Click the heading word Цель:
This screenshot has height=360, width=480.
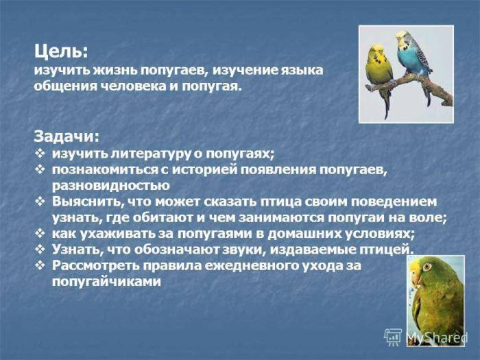pyautogui.click(x=60, y=51)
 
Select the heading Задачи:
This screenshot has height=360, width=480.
pyautogui.click(x=66, y=136)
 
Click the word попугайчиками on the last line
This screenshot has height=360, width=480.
pyautogui.click(x=106, y=281)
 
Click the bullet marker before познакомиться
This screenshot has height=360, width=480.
pyautogui.click(x=40, y=169)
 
